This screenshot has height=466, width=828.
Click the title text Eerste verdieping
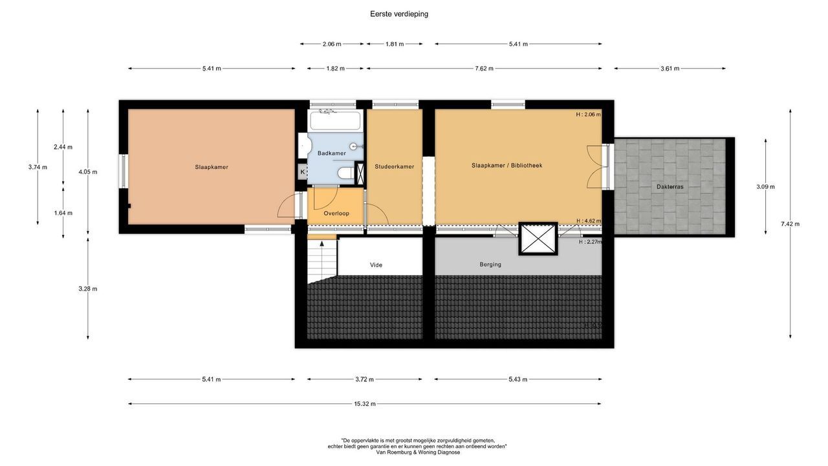click(399, 14)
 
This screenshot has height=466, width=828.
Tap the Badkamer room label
click(331, 153)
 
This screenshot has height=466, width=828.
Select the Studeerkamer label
click(394, 166)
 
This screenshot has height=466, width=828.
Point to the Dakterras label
click(670, 186)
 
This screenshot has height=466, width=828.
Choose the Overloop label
click(336, 213)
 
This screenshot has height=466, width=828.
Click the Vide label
click(376, 265)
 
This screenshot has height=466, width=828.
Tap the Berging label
click(490, 265)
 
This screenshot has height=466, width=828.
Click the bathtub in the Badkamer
click(334, 120)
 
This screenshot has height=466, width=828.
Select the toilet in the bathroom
click(346, 173)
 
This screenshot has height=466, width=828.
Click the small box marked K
click(302, 172)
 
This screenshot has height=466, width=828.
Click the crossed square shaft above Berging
click(538, 238)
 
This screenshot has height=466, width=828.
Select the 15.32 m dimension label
click(364, 404)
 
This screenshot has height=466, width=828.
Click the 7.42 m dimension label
click(790, 224)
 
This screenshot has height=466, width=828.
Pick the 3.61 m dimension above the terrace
click(670, 69)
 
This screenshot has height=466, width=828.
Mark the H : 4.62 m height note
click(589, 221)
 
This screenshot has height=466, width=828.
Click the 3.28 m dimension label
click(88, 289)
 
